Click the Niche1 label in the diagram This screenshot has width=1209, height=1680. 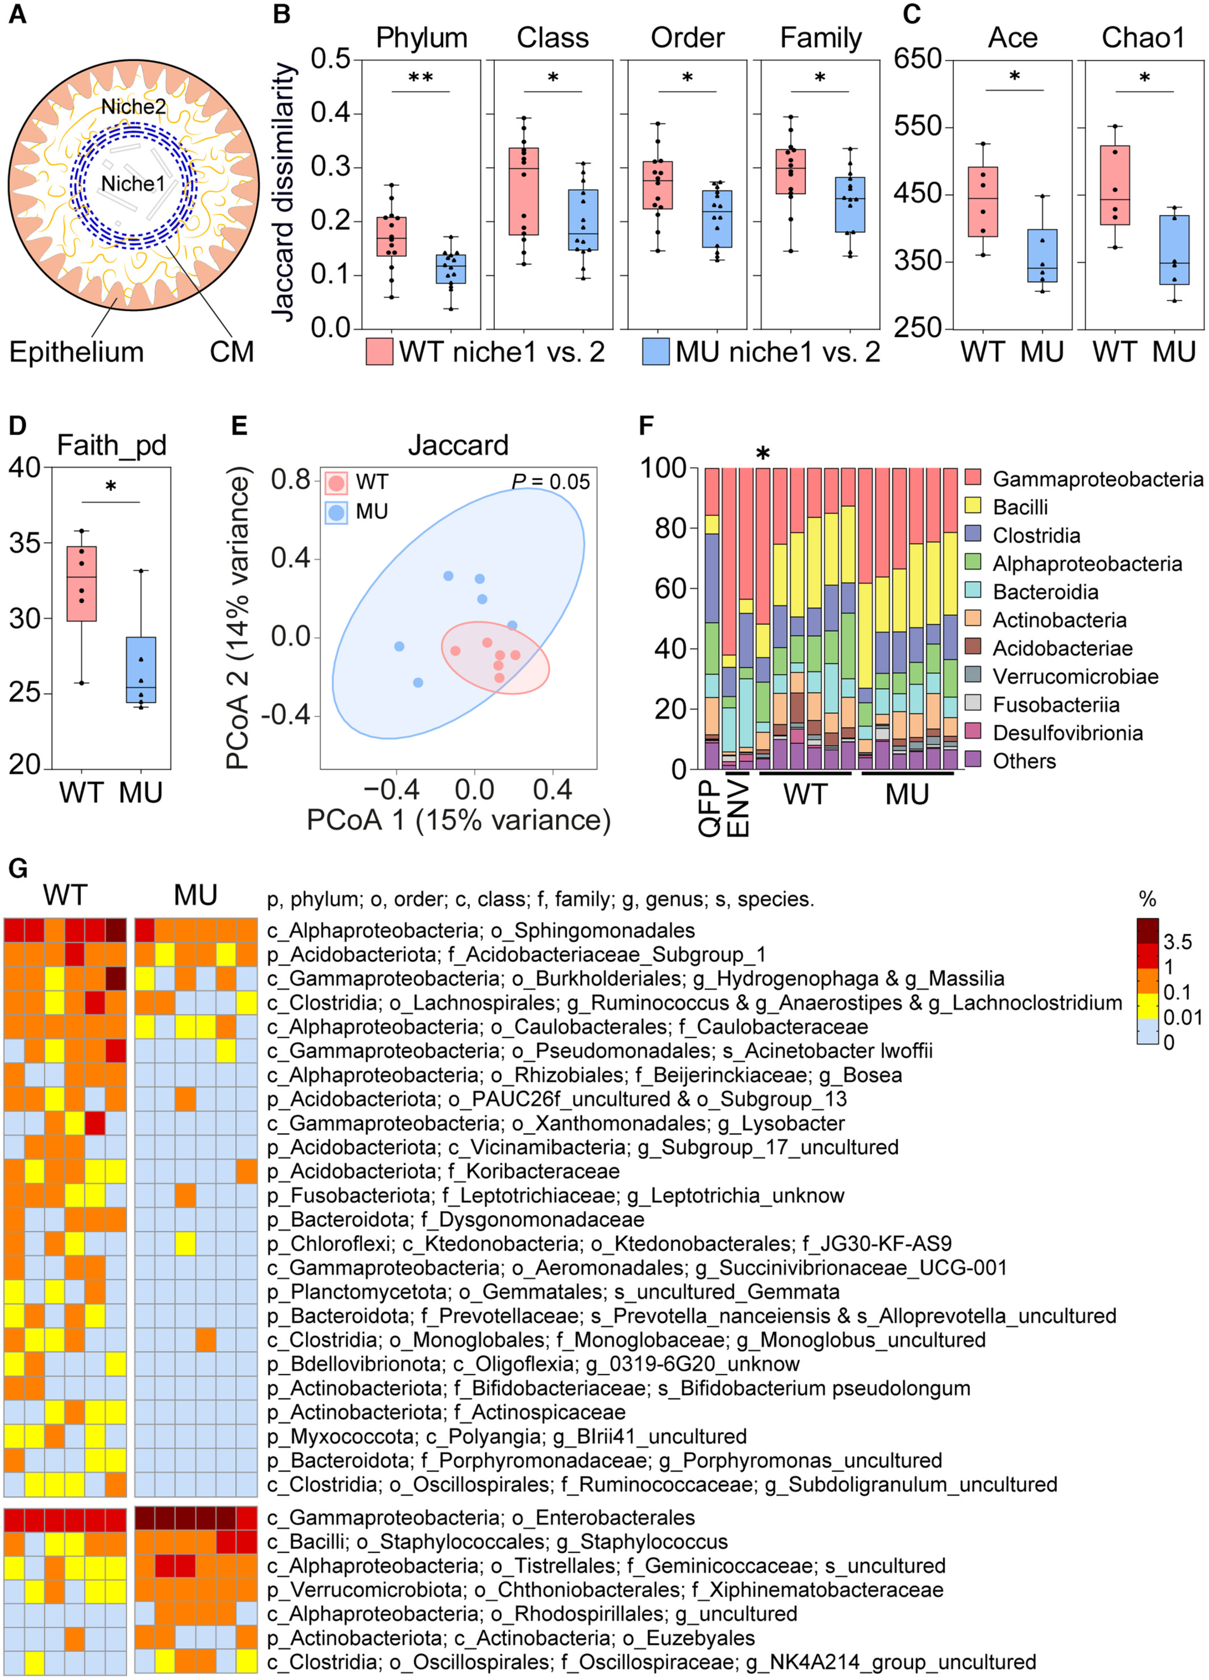(132, 184)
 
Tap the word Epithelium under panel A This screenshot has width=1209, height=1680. (76, 352)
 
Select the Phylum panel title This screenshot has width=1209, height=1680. (422, 37)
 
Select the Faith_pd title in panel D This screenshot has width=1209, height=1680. (111, 445)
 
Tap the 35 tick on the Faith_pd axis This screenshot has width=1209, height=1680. (25, 543)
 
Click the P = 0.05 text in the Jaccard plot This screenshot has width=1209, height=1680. (551, 482)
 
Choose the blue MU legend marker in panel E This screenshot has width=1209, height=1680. (336, 512)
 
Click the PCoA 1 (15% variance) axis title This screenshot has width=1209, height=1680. (458, 820)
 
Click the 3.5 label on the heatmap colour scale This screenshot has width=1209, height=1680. (1177, 942)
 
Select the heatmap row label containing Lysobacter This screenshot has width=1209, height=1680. (556, 1124)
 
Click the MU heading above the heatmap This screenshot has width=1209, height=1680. (195, 895)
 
